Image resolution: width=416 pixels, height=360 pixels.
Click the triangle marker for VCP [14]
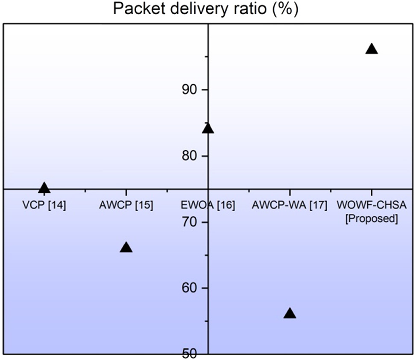coord(44,188)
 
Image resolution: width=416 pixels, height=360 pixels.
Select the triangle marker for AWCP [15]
coord(126,248)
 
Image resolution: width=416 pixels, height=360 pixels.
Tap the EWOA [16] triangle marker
coord(208,128)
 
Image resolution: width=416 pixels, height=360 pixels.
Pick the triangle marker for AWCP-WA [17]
coord(290,313)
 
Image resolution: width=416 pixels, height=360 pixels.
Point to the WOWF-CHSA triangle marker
coord(372,49)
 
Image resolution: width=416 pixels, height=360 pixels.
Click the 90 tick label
coord(190,90)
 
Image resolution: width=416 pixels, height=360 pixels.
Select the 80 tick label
coord(190,156)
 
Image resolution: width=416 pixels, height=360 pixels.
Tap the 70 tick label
coord(190,222)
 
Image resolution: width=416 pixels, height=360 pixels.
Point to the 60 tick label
coord(190,288)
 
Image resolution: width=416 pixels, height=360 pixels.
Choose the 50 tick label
coord(190,354)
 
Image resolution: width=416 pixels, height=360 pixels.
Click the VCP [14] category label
coord(44,205)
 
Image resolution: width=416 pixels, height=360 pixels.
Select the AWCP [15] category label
coord(126,205)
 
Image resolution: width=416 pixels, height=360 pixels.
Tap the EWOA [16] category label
coord(208,205)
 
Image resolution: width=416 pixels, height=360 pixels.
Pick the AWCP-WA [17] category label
coord(290,205)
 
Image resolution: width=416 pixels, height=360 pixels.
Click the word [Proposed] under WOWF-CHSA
coord(372,218)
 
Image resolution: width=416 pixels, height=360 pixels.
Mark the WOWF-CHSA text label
coord(372,205)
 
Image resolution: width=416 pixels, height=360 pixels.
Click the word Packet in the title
coord(139,9)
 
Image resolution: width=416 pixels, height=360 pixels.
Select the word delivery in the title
coord(199,9)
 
